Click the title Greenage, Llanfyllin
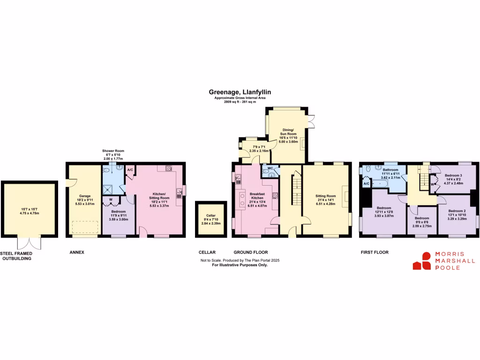pos(240,93)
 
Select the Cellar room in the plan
pos(206,220)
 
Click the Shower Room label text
pos(113,151)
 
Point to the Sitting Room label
pos(325,196)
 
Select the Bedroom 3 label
pos(453,176)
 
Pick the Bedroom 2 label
pos(457,211)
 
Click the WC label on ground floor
pos(270,168)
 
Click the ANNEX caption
pos(77,252)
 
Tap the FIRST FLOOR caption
pos(375,252)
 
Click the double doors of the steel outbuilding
pos(28,243)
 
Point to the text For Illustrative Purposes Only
pos(240,265)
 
